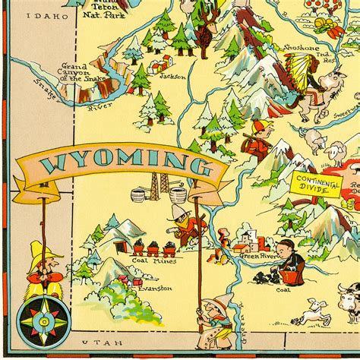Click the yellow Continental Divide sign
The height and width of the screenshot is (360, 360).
pos(314,185)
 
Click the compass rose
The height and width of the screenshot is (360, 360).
pos(38,318)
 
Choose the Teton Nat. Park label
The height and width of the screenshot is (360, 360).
pos(104,9)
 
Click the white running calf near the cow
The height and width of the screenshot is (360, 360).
pos(312,311)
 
